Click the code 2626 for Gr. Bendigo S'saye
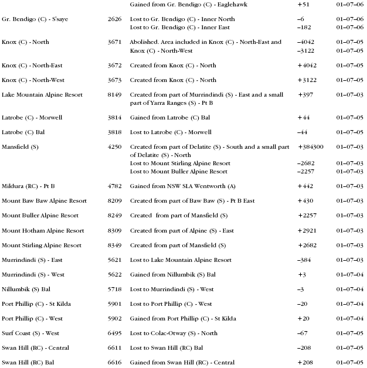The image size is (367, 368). point(114,19)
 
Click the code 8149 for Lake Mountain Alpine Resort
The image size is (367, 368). point(114,95)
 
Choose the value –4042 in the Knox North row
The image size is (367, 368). point(307,42)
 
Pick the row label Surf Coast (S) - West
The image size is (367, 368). point(35,333)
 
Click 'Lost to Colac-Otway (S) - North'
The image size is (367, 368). point(174,333)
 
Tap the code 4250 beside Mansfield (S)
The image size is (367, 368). point(114,146)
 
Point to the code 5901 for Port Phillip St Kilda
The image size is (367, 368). point(114,304)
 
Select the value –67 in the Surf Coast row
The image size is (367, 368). point(303,333)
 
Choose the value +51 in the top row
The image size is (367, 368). point(304,4)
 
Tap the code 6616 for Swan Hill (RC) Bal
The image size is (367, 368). point(114,363)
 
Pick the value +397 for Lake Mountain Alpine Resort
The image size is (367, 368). point(305,95)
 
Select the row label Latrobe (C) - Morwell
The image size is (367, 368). point(32,118)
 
